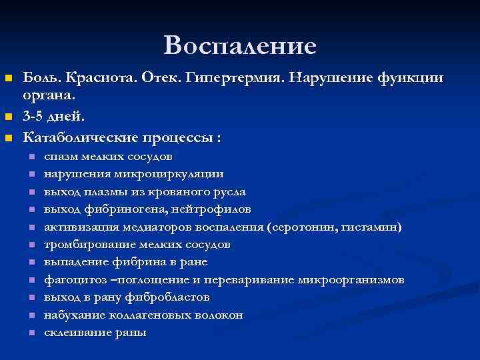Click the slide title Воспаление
tap(240, 45)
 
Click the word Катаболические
tap(79, 138)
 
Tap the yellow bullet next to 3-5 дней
tap(9, 117)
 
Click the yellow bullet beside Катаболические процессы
tap(9, 139)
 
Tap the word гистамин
tap(373, 227)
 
